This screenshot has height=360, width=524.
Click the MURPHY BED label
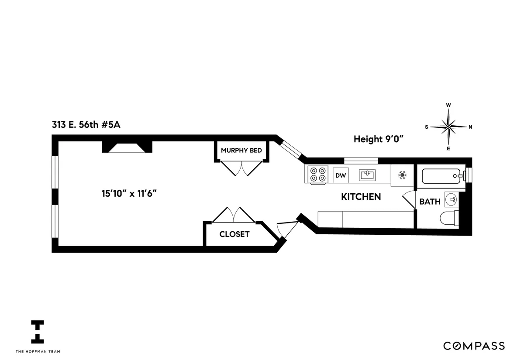pyautogui.click(x=241, y=151)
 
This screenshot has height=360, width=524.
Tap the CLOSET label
pyautogui.click(x=234, y=234)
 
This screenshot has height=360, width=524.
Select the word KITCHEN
pyautogui.click(x=361, y=197)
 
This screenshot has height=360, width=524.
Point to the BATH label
pyautogui.click(x=430, y=202)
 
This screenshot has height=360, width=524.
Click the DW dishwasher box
pyautogui.click(x=341, y=176)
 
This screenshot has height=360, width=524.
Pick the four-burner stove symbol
pyautogui.click(x=317, y=175)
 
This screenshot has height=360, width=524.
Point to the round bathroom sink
pyautogui.click(x=452, y=200)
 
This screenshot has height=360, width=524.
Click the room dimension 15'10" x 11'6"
pyautogui.click(x=128, y=193)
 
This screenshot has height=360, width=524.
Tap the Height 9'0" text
pyautogui.click(x=378, y=139)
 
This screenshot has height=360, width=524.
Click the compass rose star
pyautogui.click(x=448, y=127)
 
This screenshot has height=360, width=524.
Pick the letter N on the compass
pyautogui.click(x=470, y=127)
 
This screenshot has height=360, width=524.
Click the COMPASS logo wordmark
pyautogui.click(x=474, y=346)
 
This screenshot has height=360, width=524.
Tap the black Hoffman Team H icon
pyautogui.click(x=38, y=332)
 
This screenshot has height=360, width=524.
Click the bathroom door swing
pyautogui.click(x=408, y=201)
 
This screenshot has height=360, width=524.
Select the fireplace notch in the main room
pyautogui.click(x=127, y=147)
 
